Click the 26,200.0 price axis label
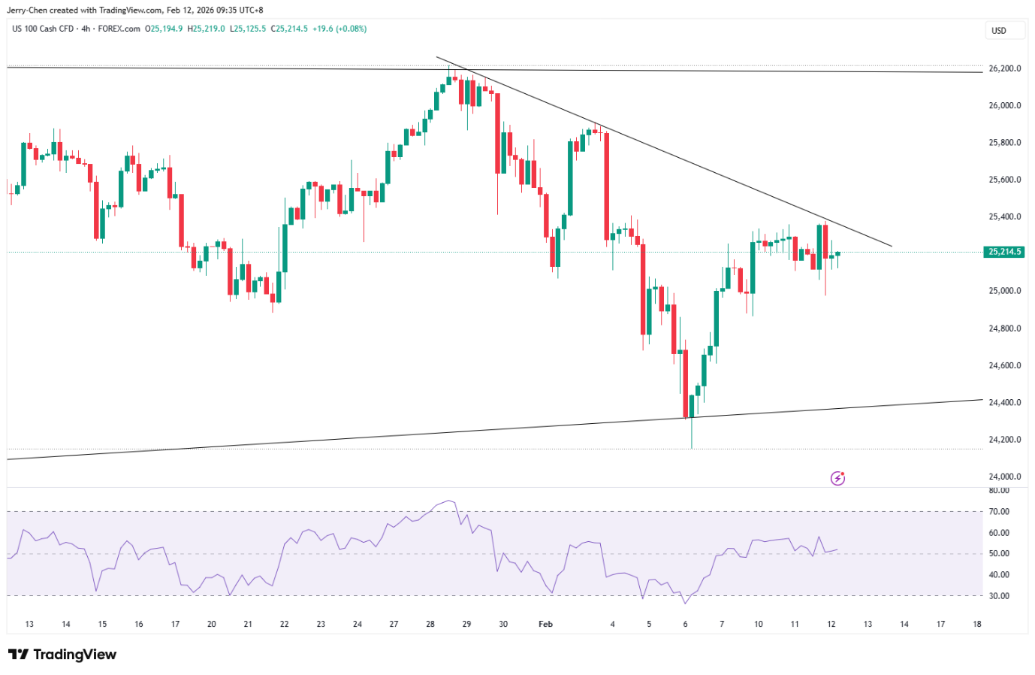pyautogui.click(x=1004, y=68)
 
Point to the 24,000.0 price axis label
pyautogui.click(x=1004, y=477)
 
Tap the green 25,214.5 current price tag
pyautogui.click(x=1003, y=252)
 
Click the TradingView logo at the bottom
pyautogui.click(x=62, y=654)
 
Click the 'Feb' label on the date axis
pyautogui.click(x=545, y=624)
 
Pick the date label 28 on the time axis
pyautogui.click(x=430, y=624)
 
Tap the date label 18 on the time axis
pyautogui.click(x=976, y=624)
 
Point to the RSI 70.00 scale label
pyautogui.click(x=999, y=511)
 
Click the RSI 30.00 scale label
pyautogui.click(x=999, y=596)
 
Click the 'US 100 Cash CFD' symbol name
pyautogui.click(x=43, y=29)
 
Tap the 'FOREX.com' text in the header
pyautogui.click(x=119, y=29)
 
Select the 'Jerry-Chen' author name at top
pyautogui.click(x=27, y=10)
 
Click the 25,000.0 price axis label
pyautogui.click(x=1004, y=291)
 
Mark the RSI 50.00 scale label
pyautogui.click(x=999, y=553)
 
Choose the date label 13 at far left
pyautogui.click(x=29, y=624)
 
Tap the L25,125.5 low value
pyautogui.click(x=248, y=29)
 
